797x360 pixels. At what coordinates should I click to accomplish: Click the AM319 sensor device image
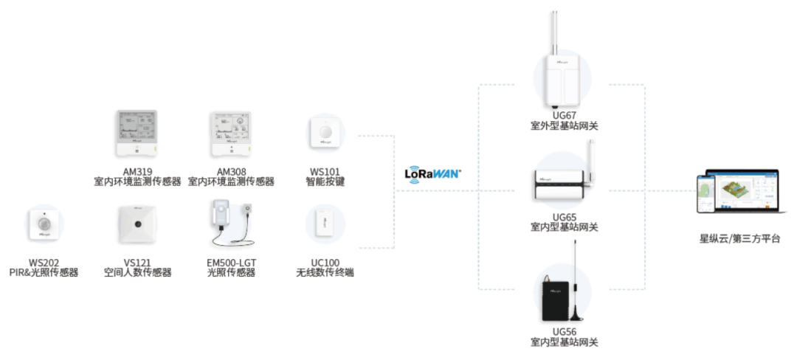137,134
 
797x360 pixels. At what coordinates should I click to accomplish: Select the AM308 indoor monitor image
230,134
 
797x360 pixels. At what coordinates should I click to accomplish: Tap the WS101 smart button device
325,133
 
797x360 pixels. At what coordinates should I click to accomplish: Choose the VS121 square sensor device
137,224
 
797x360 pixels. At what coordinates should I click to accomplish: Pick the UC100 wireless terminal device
325,223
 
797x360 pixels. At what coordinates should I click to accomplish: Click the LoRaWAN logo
432,173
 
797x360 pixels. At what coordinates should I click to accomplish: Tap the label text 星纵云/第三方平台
739,238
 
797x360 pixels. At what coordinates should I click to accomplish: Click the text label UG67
564,116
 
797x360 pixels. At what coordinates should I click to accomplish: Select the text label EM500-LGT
231,263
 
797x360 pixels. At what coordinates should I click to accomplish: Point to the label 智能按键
325,181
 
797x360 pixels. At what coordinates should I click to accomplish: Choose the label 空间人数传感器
137,273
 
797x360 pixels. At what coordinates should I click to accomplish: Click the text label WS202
44,263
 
